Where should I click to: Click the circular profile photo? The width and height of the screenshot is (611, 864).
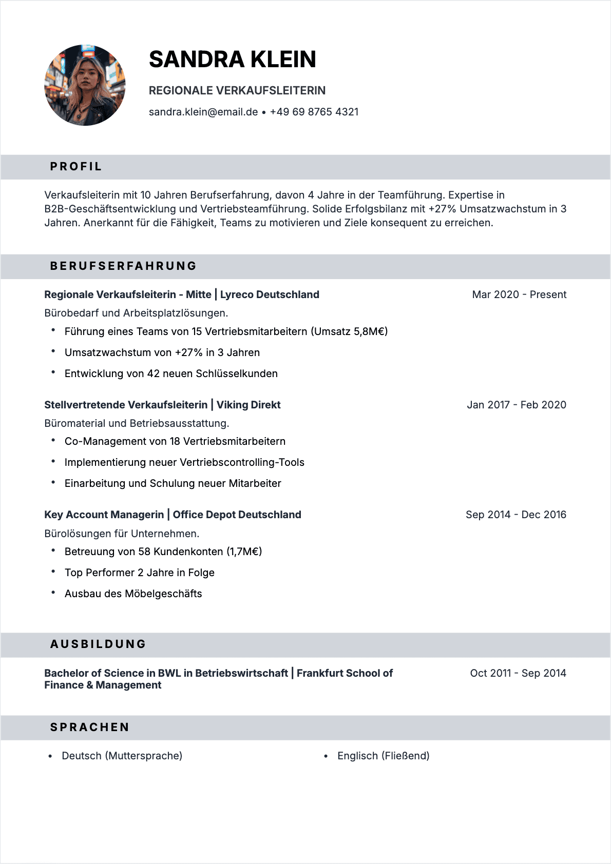(85, 85)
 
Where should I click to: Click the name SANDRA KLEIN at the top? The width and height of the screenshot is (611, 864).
(232, 60)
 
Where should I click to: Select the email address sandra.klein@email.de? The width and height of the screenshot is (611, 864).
(203, 112)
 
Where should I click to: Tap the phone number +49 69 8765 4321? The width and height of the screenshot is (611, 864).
(314, 112)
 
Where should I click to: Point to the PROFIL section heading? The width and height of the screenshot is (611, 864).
(76, 167)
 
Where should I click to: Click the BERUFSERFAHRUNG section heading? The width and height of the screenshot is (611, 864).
(123, 266)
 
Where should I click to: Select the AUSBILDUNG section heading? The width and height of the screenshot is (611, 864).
(98, 644)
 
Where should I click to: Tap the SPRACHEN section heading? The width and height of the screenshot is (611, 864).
(90, 728)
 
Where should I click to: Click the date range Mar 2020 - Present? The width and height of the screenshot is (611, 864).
(519, 294)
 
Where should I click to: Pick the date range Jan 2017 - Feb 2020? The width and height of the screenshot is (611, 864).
(517, 405)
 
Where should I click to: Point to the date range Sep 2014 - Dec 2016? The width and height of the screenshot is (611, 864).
(516, 515)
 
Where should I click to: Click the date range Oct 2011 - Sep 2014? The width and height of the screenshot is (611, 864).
(518, 673)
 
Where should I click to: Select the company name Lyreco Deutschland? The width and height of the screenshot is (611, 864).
(270, 294)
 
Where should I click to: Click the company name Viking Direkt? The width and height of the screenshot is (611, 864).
(249, 405)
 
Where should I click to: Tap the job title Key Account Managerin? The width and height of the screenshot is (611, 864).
(104, 515)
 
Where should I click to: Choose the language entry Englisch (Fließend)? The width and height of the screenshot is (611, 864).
(383, 756)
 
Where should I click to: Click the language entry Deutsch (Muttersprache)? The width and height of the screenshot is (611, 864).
(122, 756)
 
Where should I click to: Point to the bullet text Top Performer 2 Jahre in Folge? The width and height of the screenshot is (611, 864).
(140, 573)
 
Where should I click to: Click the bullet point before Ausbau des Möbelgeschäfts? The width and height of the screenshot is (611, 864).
(53, 593)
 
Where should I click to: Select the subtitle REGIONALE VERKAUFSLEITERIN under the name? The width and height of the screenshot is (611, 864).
(237, 91)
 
